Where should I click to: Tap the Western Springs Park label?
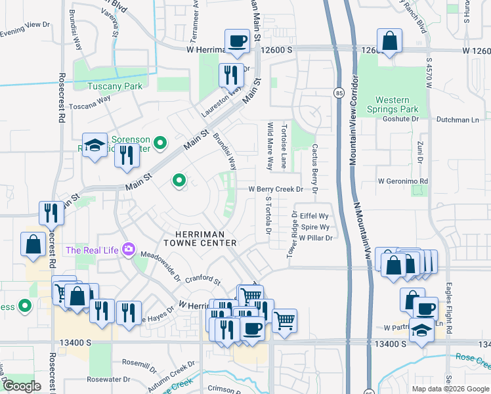point(392,104)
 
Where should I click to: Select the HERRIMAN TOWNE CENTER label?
point(205,238)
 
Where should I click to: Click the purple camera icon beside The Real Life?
point(128,250)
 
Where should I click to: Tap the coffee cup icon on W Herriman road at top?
point(237,41)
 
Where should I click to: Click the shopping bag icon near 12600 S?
point(389,41)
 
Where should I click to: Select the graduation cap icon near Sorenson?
point(95,144)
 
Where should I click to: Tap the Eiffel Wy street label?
point(314,215)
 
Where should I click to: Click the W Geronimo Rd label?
point(403,181)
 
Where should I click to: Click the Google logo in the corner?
point(22,386)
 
